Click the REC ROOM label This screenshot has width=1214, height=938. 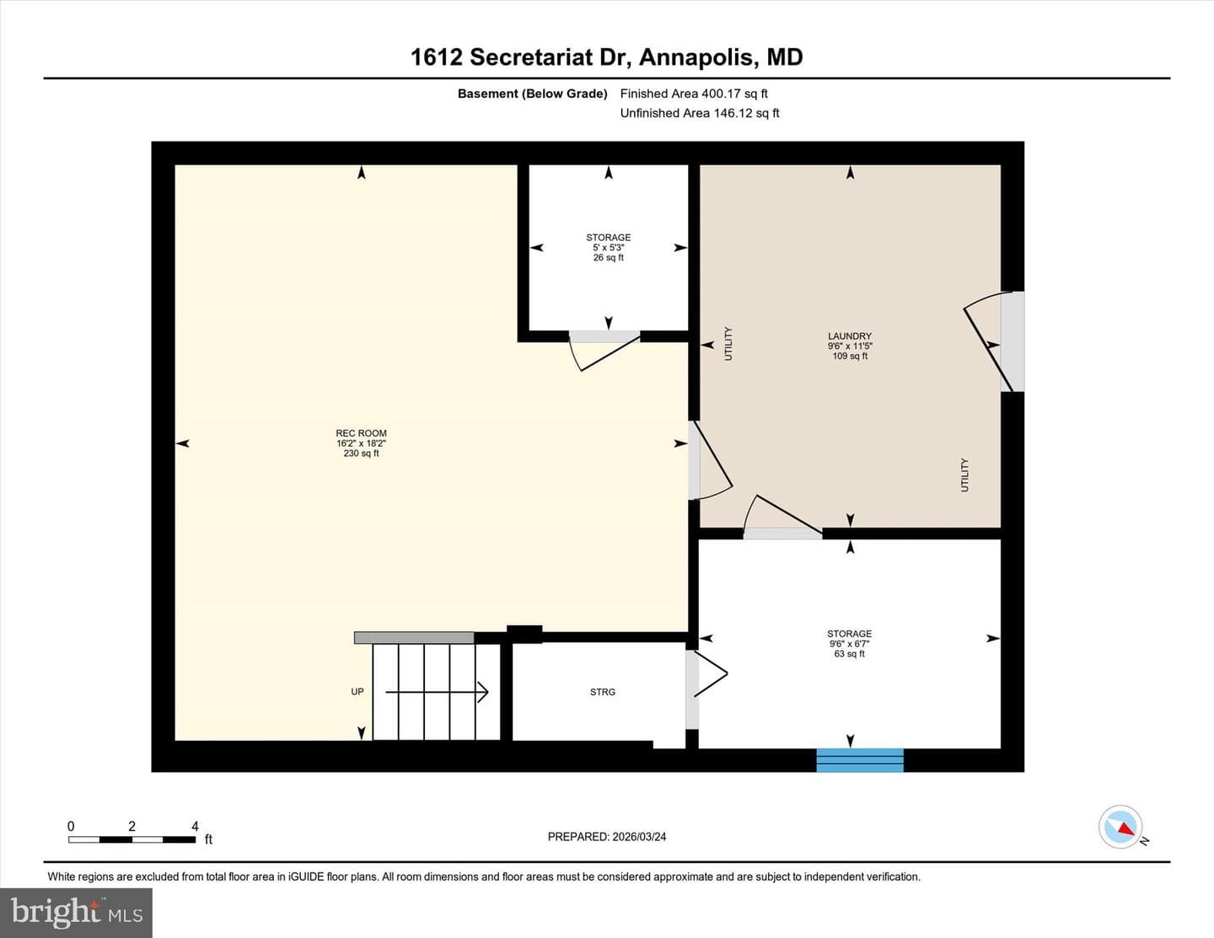pos(361,433)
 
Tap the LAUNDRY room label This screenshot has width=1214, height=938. pos(850,336)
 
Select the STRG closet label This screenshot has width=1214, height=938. pos(603,693)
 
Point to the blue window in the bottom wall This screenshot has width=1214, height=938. pos(860,760)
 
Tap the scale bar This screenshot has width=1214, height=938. pos(132,839)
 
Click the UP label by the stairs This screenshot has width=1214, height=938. pos(357,692)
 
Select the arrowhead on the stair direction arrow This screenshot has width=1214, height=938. pos(483,693)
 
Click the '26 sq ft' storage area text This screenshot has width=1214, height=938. pos(609,258)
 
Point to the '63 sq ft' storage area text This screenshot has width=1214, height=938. pos(849,654)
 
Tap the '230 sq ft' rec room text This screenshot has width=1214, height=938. pos(361,453)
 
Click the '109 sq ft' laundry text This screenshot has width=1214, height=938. pos(850,356)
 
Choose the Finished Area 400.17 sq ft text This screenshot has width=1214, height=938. pos(694,94)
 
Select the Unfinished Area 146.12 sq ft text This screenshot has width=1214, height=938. pos(700,113)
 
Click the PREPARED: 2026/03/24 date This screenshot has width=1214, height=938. pos(607,837)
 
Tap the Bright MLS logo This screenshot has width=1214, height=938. pos(76,914)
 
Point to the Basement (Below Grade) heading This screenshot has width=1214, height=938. pos(533,94)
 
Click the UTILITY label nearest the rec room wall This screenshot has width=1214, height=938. pos(728,344)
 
